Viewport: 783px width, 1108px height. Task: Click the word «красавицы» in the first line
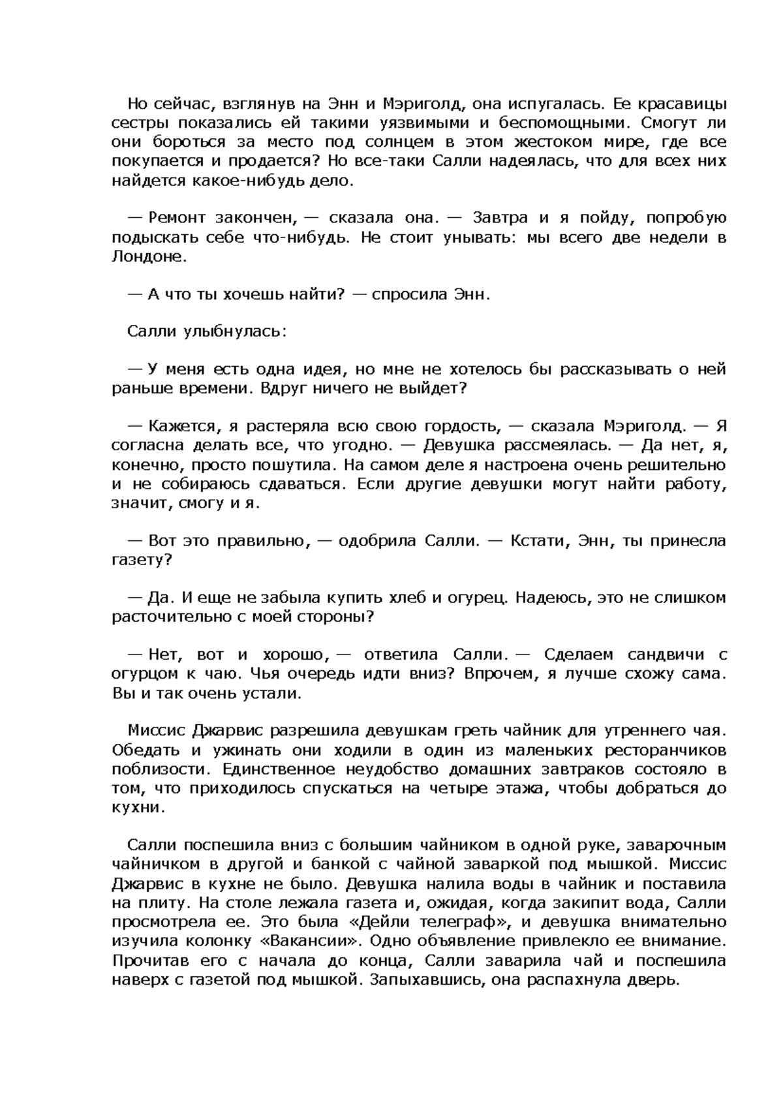pyautogui.click(x=683, y=104)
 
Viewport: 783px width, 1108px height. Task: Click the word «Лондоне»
pyautogui.click(x=149, y=256)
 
